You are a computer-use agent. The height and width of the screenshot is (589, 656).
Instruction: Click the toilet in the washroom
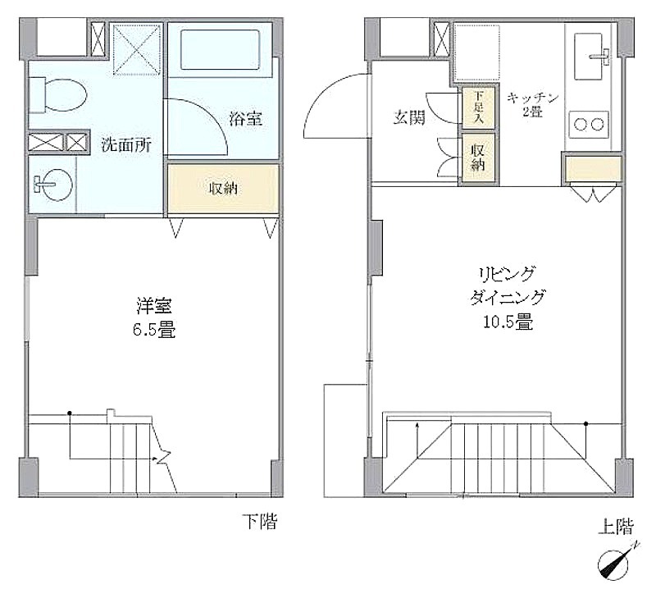pos(57,94)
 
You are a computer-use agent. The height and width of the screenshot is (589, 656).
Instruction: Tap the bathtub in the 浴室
pos(220,49)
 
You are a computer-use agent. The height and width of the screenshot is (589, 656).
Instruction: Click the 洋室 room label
pos(154,306)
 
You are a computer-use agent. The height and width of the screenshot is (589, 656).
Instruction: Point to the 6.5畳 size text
pos(154,330)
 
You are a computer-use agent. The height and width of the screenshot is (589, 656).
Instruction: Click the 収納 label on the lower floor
pos(223,189)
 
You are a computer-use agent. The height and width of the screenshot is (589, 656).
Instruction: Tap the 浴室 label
pos(246,118)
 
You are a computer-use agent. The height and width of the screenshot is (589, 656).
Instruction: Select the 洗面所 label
pos(126,144)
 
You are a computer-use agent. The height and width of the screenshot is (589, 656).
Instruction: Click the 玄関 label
pos(409,117)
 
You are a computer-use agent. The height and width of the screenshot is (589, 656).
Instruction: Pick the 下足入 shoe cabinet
pos(479,107)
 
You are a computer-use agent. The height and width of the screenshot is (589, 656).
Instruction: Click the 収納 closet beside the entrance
pos(478,158)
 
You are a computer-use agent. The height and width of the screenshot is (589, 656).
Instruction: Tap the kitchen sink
pos(589,56)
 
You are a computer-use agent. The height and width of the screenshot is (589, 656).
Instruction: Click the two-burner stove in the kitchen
pos(589,124)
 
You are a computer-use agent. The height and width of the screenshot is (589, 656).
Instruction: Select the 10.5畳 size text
pos(508,322)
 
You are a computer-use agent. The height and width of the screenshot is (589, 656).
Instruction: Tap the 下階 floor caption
pos(260,521)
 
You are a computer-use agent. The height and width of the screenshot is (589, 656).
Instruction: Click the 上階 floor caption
pos(616,526)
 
